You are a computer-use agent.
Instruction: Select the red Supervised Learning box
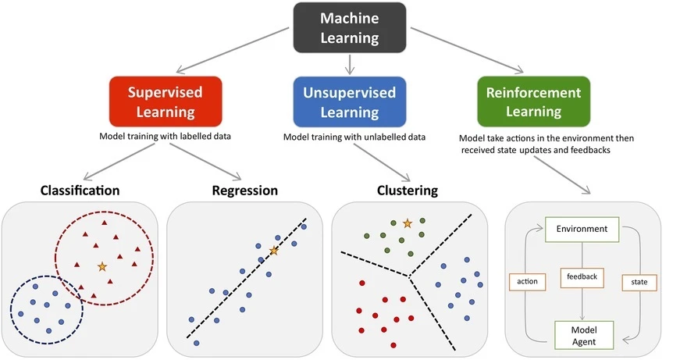165,102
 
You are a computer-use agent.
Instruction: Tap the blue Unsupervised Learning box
349,102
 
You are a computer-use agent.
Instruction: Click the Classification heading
80,190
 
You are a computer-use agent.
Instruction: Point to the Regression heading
244,190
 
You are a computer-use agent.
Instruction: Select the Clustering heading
407,190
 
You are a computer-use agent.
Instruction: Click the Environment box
582,230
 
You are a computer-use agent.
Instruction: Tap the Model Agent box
582,334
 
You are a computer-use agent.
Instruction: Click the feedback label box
582,276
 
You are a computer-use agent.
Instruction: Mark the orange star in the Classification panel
101,267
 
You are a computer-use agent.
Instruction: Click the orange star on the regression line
273,251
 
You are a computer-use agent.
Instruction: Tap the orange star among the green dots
407,223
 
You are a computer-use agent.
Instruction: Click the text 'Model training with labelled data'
165,136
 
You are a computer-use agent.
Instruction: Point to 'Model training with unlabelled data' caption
354,137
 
